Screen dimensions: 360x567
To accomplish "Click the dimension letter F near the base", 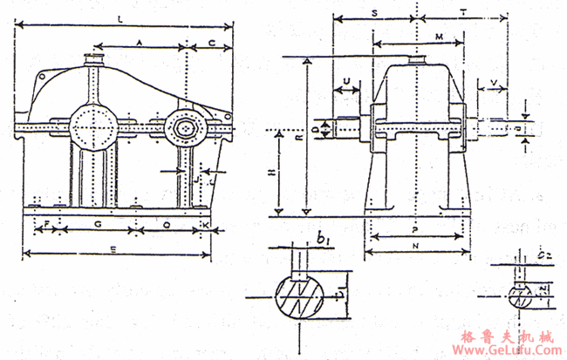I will (45, 224).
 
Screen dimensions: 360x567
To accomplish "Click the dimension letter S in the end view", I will (375, 14).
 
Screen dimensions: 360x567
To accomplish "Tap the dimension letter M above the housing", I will (439, 36).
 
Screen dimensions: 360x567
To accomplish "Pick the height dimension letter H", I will (271, 174).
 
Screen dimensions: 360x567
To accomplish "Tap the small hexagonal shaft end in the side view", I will (186, 128).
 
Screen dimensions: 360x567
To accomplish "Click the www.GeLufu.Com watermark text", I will (507, 350).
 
